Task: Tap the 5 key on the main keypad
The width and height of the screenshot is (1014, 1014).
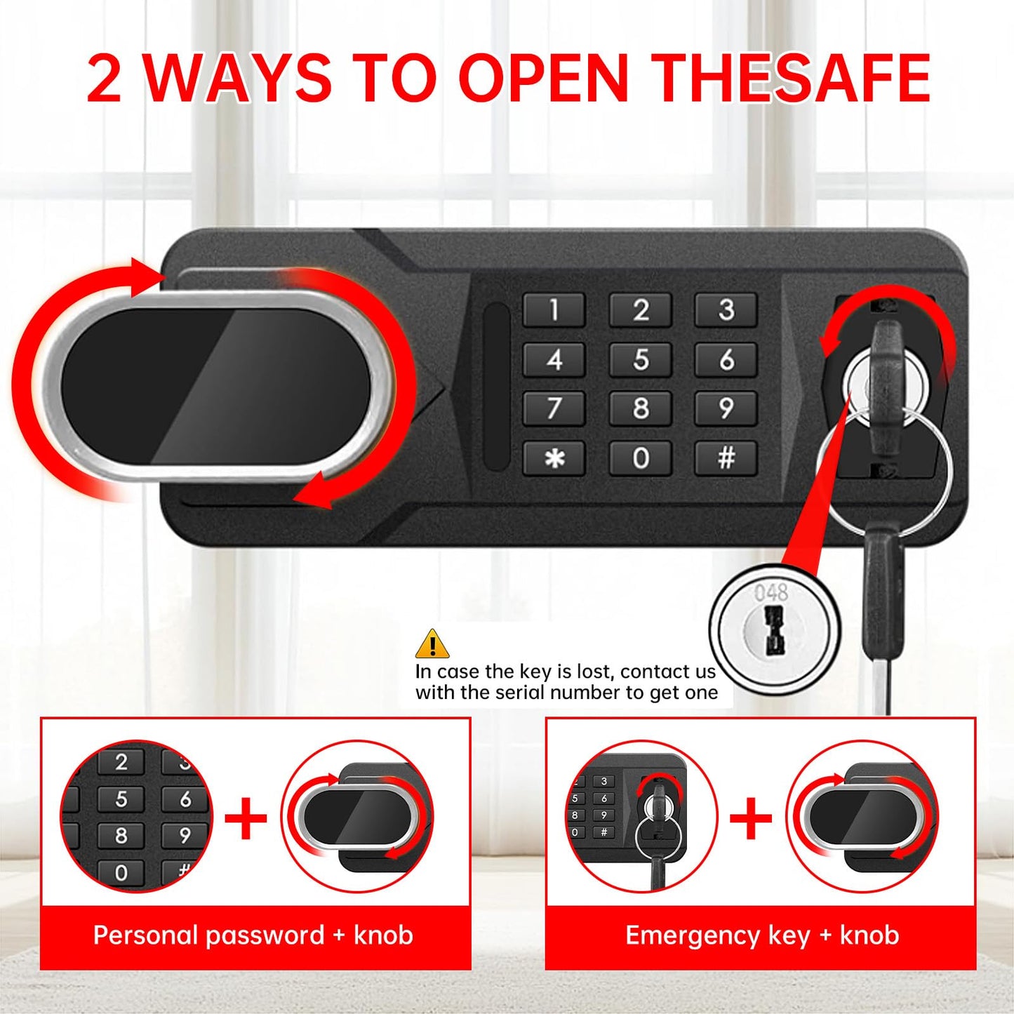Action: tap(641, 360)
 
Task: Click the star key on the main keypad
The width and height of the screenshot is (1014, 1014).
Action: tap(554, 458)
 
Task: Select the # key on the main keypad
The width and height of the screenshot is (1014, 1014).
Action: tap(726, 458)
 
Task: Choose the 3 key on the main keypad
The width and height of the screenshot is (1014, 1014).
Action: tap(726, 310)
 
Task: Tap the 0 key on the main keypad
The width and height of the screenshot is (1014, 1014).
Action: tap(641, 458)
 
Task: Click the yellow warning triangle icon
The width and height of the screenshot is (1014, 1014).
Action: tap(432, 643)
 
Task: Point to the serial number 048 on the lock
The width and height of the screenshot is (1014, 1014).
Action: tap(771, 593)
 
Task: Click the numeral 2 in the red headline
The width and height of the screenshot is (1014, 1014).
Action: tap(104, 79)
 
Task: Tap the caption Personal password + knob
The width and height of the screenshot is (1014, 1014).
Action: tap(253, 936)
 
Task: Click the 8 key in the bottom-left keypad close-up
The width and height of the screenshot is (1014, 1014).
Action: tap(121, 836)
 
